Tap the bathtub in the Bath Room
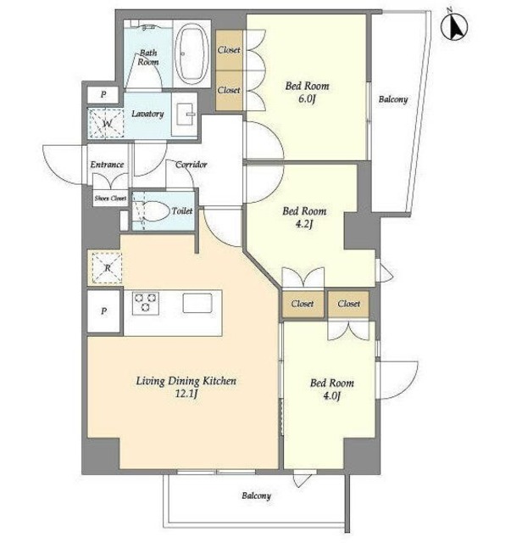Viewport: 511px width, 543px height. [192, 53]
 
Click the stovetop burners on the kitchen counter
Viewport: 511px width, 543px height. [146, 304]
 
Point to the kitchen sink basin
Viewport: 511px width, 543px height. [197, 303]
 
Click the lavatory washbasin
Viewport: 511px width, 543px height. [184, 114]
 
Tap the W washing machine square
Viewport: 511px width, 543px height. [106, 124]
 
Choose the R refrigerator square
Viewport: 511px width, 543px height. [107, 268]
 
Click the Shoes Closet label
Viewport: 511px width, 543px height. [110, 199]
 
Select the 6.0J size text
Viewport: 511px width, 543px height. [308, 99]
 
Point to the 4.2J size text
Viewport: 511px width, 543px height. [304, 224]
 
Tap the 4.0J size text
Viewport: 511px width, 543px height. [332, 396]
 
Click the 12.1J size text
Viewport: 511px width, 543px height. [186, 394]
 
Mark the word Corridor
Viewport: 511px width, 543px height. [191, 165]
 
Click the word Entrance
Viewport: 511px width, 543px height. [107, 165]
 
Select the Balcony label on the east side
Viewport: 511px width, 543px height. [393, 99]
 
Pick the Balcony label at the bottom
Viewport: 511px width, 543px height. [257, 495]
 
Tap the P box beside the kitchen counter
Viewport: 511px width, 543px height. [103, 311]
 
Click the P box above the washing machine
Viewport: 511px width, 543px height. [103, 94]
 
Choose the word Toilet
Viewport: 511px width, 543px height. [182, 211]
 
